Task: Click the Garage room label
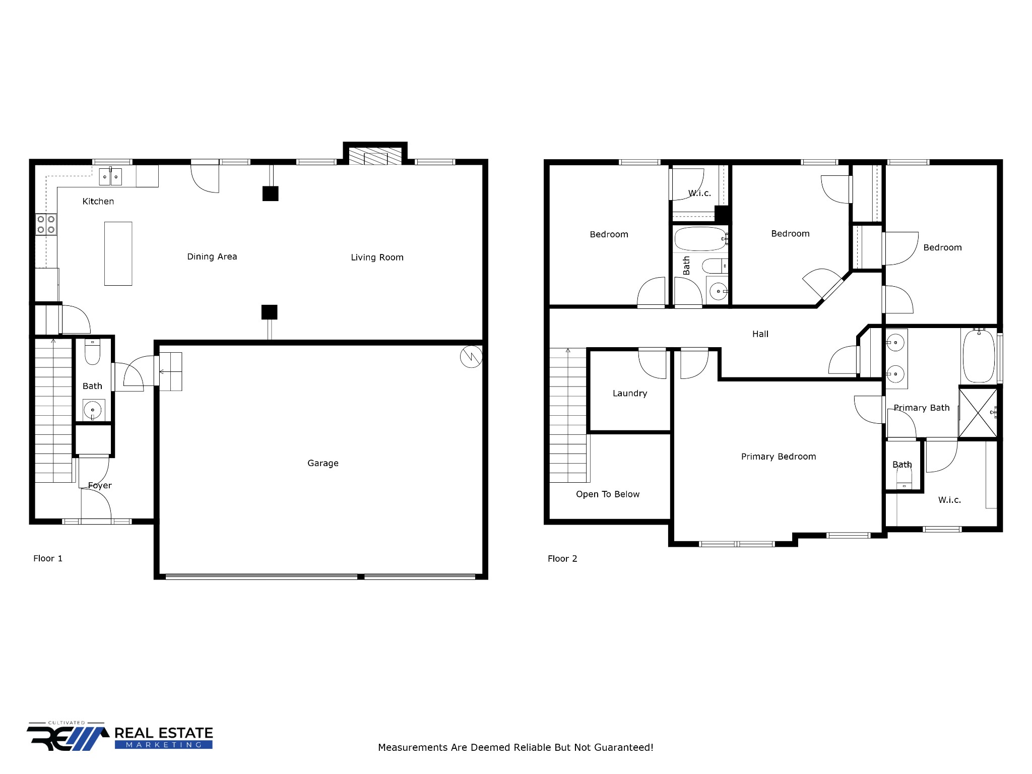[323, 463]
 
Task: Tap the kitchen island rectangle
[118, 253]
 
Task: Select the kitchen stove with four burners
[46, 224]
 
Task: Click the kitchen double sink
[110, 177]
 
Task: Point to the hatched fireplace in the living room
[375, 156]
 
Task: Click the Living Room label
[377, 257]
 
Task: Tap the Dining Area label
[212, 256]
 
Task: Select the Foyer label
[100, 486]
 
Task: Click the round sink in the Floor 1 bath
[93, 410]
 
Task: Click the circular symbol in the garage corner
[471, 357]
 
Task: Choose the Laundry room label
[630, 394]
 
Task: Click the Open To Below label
[608, 494]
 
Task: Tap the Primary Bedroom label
[779, 457]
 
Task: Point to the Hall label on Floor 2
[760, 334]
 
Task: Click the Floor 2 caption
[562, 559]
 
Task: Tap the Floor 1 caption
[48, 558]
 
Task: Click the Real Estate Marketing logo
[120, 738]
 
